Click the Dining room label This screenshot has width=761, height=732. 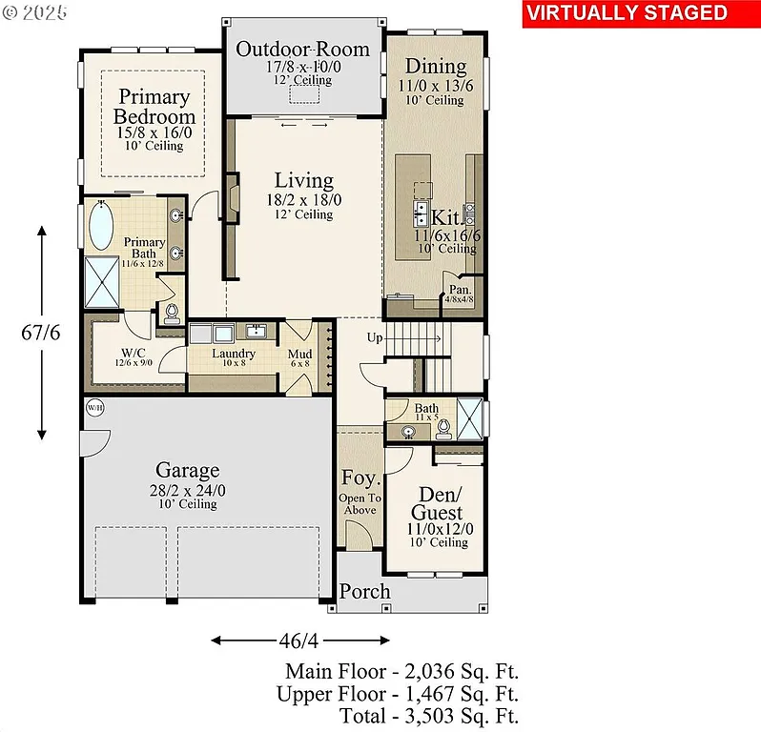coord(435,66)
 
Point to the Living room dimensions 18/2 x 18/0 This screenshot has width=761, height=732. coord(304,200)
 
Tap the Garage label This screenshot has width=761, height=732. coord(188,470)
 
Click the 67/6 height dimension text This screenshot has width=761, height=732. coord(41,333)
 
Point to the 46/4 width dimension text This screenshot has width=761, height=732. coord(286,640)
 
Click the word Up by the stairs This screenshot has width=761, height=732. coord(375,337)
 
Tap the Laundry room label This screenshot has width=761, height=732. coord(234,353)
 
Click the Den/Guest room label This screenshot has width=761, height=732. coord(437,503)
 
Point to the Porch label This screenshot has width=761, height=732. coord(364,591)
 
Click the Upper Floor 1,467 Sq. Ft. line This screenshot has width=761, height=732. coord(398,693)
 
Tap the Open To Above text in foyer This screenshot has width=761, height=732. coord(360,503)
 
